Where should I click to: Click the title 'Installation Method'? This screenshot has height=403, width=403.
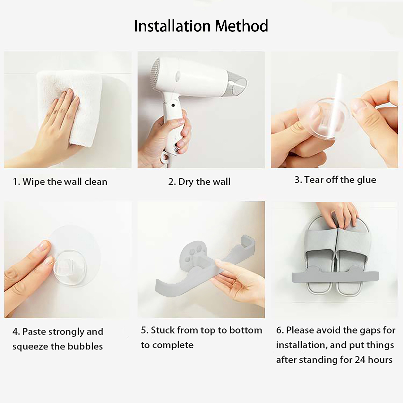pyautogui.click(x=201, y=26)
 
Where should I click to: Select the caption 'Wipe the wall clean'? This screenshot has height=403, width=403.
pyautogui.click(x=65, y=182)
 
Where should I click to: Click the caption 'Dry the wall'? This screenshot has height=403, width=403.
pyautogui.click(x=204, y=182)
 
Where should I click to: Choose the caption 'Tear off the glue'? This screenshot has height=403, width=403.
pyautogui.click(x=340, y=180)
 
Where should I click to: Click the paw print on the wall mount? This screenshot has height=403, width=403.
pyautogui.click(x=194, y=254)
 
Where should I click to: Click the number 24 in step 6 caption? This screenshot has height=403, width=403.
pyautogui.click(x=360, y=360)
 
